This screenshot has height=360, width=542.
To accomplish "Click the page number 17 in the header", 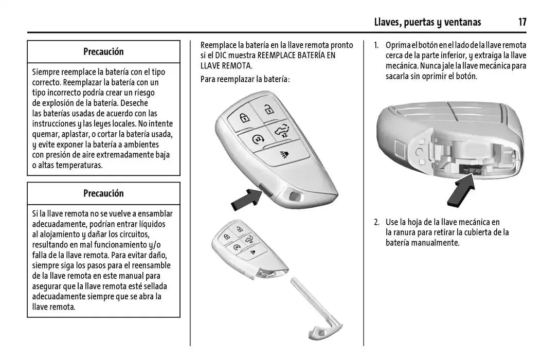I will (x=522, y=22).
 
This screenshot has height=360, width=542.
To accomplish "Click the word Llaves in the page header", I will (x=387, y=22).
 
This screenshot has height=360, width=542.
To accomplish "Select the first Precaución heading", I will (x=103, y=51).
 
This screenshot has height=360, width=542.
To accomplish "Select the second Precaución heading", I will (x=103, y=193).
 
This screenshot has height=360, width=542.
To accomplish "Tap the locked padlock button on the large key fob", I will (x=244, y=118).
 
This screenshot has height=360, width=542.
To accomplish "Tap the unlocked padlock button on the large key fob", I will (x=268, y=109).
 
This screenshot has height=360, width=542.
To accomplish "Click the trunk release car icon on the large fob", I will (x=280, y=131).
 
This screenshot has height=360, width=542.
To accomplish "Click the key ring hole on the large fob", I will (x=295, y=196).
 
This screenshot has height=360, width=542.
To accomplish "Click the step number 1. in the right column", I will (x=376, y=45).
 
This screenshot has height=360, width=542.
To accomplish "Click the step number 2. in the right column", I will (x=376, y=222).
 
